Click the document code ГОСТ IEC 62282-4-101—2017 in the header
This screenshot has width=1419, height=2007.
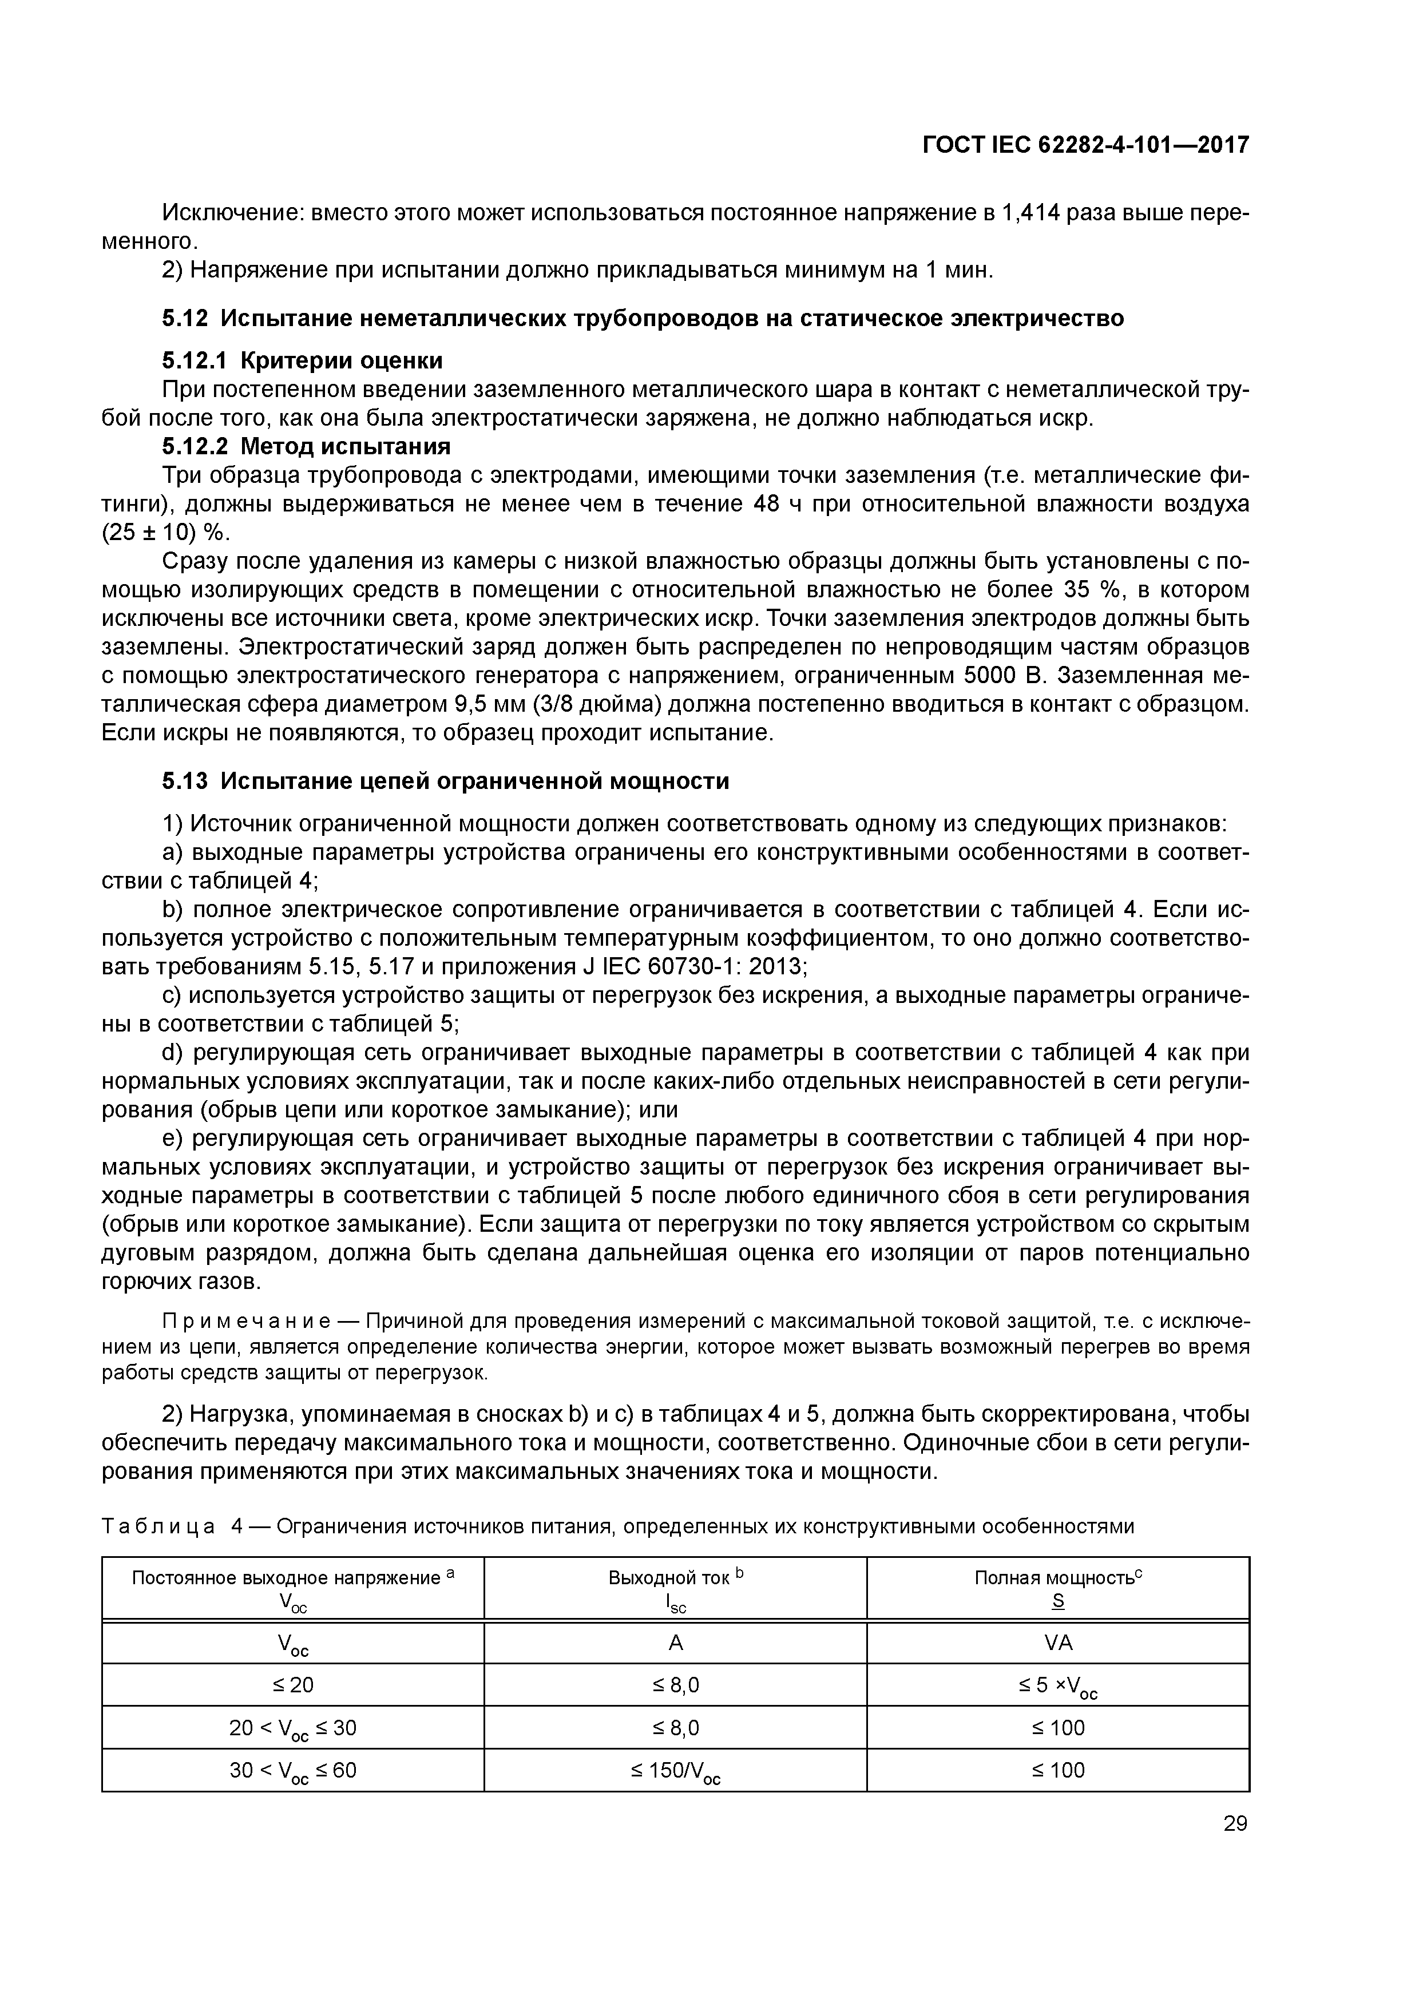click(1086, 145)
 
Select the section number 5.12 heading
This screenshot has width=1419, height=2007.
click(185, 319)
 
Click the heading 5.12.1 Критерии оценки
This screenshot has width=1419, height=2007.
click(302, 361)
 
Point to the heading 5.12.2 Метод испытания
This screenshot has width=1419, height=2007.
click(306, 447)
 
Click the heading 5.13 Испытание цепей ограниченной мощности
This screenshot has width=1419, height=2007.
click(445, 780)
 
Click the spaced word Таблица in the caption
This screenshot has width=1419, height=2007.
click(158, 1526)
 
